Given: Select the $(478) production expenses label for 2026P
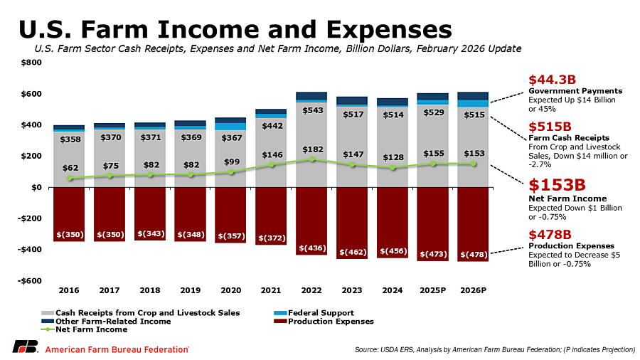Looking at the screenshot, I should point(474,254).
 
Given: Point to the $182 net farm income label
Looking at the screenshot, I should point(311,149).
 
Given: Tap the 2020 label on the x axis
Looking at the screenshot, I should point(230,290).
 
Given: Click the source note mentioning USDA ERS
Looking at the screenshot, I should point(494,350).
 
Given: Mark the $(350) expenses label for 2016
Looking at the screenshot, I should point(69,234).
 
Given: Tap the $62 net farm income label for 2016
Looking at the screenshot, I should point(69,168).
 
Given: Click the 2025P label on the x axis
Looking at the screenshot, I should point(433,290).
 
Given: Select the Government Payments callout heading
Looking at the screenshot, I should point(575,91).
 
